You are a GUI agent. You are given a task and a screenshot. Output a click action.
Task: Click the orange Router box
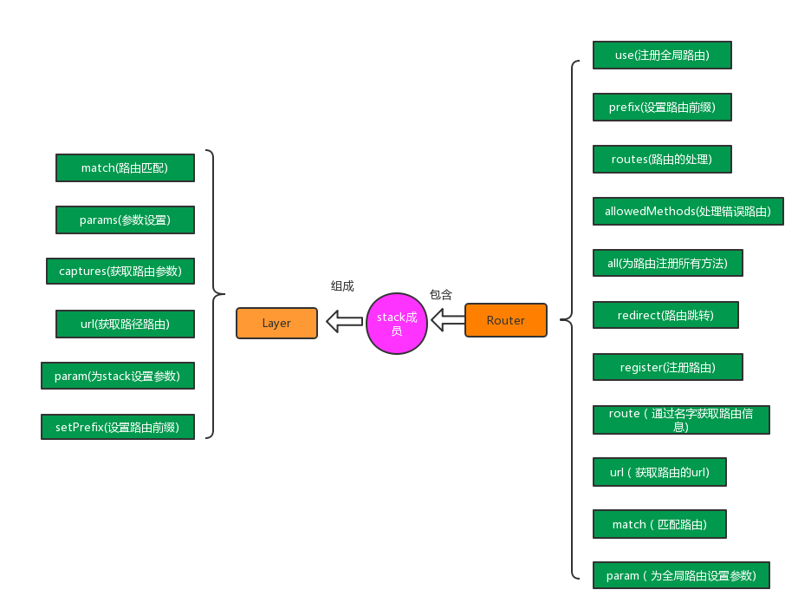(x=506, y=320)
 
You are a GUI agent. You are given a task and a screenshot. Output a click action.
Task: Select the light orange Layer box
(x=276, y=323)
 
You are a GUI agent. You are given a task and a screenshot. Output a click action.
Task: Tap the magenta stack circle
(x=397, y=323)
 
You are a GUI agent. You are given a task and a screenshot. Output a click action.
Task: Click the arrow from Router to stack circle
(x=448, y=321)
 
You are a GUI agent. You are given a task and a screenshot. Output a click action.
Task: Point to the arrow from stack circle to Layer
(x=344, y=322)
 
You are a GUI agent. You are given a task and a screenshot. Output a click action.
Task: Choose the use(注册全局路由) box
(x=662, y=55)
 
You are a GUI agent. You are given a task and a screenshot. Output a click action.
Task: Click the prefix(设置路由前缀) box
(x=662, y=107)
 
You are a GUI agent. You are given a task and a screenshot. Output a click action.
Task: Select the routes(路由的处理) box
(x=662, y=159)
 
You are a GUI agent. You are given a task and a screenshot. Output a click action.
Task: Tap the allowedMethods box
(x=688, y=211)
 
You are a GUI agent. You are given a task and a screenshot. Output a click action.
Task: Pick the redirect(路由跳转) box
(x=665, y=315)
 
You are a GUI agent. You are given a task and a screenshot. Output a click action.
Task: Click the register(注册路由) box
(x=667, y=367)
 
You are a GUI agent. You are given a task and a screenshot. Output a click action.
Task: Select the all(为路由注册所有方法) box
(x=667, y=263)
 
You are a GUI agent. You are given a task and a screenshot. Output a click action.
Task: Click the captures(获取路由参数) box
(x=120, y=271)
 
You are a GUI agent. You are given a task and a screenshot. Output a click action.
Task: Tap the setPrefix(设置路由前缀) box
(x=118, y=427)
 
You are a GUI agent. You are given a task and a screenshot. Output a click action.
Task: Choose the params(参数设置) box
(x=125, y=220)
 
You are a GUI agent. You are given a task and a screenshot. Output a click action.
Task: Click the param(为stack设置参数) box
(x=117, y=376)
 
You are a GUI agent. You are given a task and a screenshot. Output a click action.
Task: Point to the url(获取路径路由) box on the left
(x=125, y=324)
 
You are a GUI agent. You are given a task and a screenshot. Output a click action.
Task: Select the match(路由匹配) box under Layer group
(x=125, y=167)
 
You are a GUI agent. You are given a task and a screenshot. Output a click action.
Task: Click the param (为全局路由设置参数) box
(x=681, y=575)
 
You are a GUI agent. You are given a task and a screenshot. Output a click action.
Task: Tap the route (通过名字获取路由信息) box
(x=681, y=420)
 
